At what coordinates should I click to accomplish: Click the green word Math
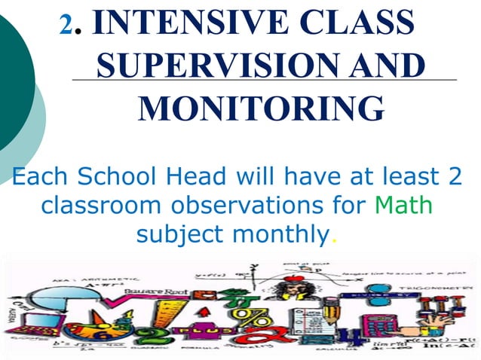[403, 205]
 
